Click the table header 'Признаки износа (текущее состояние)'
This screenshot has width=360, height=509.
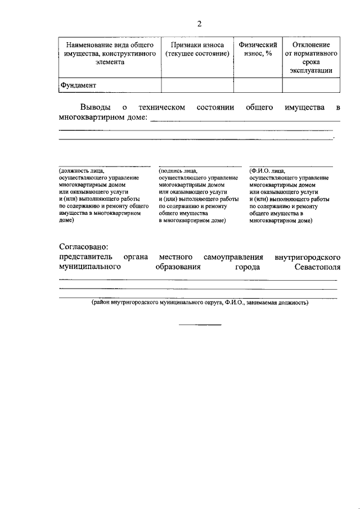197,49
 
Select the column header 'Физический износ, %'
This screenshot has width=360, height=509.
258,49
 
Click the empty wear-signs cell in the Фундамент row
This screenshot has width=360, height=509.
197,85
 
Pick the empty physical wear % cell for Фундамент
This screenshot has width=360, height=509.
258,85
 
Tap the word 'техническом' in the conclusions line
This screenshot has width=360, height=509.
162,107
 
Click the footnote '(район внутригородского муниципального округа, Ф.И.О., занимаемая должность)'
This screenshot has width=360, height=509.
200,302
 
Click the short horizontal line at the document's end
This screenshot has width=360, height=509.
200,325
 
